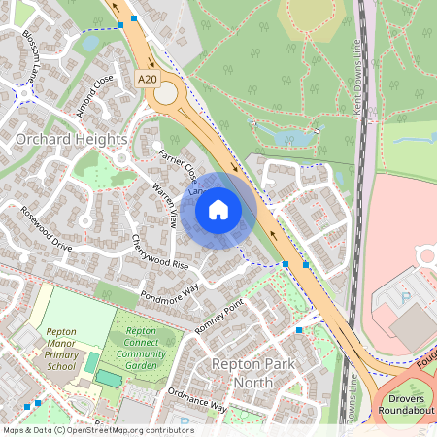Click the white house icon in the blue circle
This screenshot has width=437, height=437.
tap(218, 209)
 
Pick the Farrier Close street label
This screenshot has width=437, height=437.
tap(179, 163)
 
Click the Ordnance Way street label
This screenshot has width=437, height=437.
tap(197, 400)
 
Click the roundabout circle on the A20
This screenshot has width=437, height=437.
tap(167, 93)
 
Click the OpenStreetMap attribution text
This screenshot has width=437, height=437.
tap(97, 430)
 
